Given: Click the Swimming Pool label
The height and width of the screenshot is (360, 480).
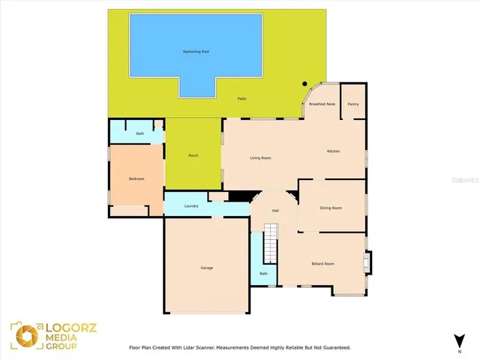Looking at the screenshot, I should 196,51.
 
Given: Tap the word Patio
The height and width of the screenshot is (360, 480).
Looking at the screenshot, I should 241,99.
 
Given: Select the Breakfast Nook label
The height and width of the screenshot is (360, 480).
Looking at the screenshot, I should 322,104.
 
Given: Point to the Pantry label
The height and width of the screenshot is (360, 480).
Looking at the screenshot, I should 352,104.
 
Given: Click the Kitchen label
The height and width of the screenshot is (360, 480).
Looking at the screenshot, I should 333,151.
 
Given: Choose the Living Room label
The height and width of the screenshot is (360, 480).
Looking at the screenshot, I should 260,157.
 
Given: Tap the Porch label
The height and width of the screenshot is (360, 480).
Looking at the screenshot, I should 193,155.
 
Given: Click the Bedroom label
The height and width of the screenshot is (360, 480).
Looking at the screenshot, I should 136,178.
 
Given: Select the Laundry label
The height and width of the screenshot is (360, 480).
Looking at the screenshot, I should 190,205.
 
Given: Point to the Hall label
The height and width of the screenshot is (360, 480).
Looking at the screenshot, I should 275,211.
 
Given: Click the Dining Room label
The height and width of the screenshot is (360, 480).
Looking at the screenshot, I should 331,208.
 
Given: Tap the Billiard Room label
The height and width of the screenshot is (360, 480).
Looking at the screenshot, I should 322,264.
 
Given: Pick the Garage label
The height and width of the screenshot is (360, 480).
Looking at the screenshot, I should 206,268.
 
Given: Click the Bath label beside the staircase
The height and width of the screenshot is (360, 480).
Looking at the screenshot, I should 263,274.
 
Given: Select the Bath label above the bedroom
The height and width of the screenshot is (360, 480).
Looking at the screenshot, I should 140,133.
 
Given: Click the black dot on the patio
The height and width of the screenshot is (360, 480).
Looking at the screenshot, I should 304,84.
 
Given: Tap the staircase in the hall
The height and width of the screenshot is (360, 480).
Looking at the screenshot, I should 271,244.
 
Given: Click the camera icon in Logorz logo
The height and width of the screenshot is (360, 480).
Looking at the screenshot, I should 23,334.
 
